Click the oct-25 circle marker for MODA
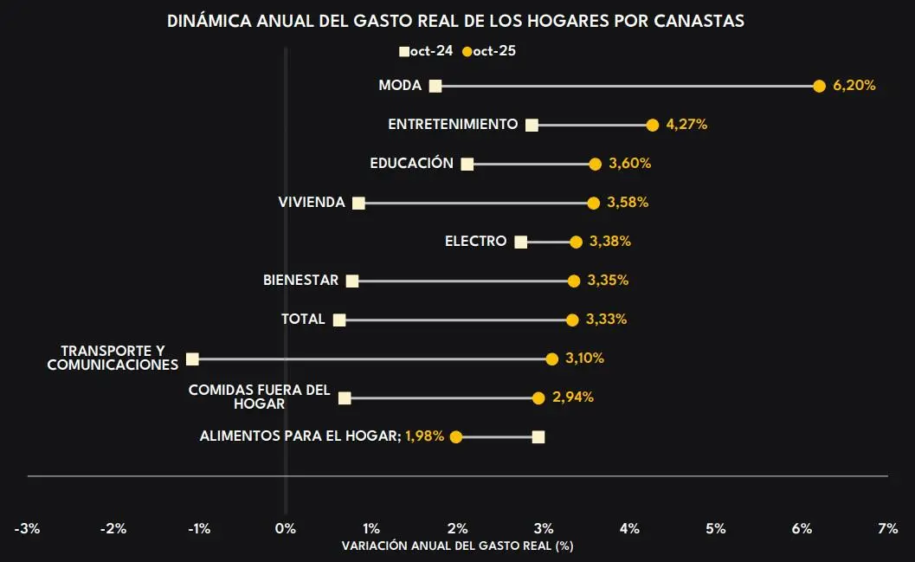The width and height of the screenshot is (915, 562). click(x=819, y=86)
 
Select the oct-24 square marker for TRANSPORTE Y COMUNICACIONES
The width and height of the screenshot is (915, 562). click(x=192, y=359)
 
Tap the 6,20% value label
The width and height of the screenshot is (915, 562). click(x=854, y=86)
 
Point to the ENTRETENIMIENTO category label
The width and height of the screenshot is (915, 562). click(x=453, y=125)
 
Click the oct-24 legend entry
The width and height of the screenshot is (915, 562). click(x=426, y=51)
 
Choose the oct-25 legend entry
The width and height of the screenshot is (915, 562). click(x=490, y=51)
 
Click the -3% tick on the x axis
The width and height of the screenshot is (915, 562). click(x=27, y=528)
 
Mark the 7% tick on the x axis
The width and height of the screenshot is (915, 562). click(x=887, y=528)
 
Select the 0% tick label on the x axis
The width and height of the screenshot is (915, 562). click(x=285, y=528)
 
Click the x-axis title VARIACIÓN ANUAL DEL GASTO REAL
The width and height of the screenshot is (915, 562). click(x=458, y=546)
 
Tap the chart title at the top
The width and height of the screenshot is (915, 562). click(x=456, y=22)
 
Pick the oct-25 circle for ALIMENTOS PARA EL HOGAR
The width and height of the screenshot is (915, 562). click(x=456, y=436)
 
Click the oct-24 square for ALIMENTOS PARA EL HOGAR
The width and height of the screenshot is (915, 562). click(x=538, y=436)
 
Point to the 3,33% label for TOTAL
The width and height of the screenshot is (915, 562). click(x=606, y=320)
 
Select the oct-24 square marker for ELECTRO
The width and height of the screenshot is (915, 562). click(x=520, y=242)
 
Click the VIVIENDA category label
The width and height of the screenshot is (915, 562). click(x=312, y=203)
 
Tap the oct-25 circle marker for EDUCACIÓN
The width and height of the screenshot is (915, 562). click(x=595, y=164)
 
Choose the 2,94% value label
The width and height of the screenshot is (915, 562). click(x=573, y=397)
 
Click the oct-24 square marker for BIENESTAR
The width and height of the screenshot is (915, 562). click(x=351, y=281)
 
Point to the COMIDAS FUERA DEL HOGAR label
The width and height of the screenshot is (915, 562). click(x=260, y=397)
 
